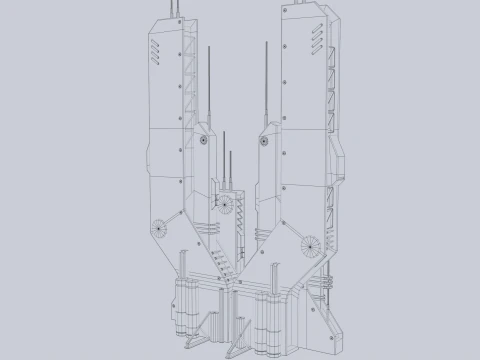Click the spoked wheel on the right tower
tap(310, 243)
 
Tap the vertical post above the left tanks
tap(181, 265)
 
